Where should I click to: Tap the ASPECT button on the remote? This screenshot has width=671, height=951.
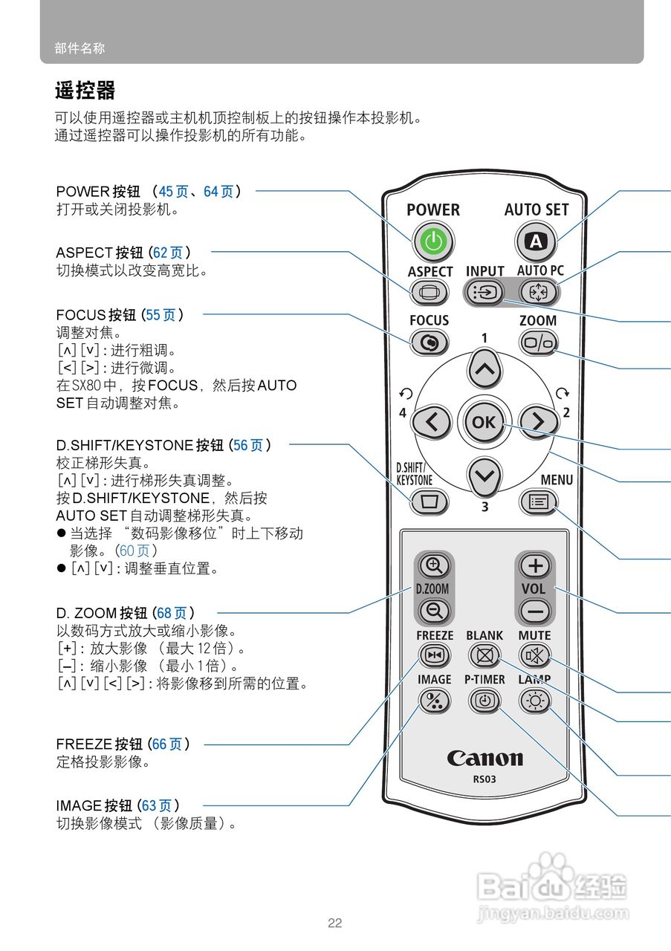(429, 292)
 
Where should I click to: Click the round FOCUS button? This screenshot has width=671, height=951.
(429, 343)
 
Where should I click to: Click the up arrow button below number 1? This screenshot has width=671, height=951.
(484, 369)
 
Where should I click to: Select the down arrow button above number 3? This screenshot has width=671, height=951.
(484, 475)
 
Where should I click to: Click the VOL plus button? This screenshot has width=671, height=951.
(534, 566)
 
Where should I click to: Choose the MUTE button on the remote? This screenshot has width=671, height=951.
(534, 655)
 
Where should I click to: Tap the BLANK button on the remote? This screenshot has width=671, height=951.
(484, 655)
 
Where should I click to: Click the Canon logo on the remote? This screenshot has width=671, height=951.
(484, 759)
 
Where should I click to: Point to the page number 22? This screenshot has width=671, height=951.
(335, 924)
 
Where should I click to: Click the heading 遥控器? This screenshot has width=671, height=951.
(85, 91)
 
